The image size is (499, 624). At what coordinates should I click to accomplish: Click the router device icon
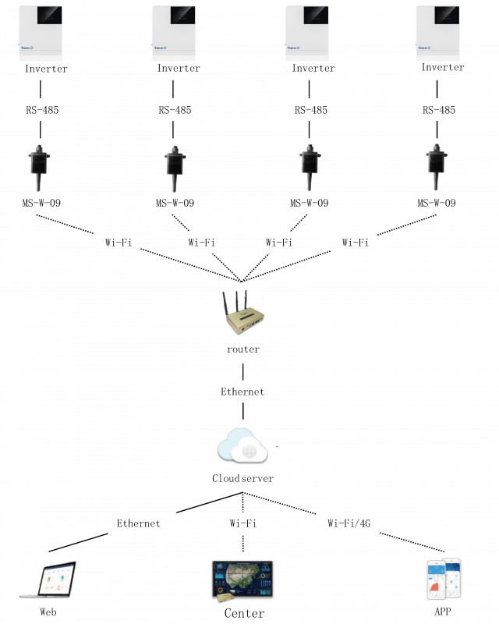point(242,314)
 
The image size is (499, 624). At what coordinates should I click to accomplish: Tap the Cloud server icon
point(242,448)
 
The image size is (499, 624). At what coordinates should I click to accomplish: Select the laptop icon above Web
point(48,580)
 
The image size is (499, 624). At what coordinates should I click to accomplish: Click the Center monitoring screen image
point(242,580)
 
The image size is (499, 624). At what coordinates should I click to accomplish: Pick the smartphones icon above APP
point(442,578)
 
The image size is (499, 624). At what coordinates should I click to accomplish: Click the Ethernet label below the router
point(242,392)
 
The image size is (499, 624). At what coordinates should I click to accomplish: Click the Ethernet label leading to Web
point(138,523)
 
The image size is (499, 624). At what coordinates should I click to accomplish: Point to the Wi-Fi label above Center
point(242,523)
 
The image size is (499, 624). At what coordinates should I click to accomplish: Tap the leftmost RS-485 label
point(41,110)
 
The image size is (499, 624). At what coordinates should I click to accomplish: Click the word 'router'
point(242,349)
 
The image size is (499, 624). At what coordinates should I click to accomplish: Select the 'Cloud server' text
point(242,478)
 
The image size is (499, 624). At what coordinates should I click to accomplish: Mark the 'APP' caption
point(441,612)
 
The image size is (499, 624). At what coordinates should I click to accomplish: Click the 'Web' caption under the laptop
point(48,612)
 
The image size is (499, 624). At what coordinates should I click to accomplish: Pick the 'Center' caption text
point(244,613)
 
